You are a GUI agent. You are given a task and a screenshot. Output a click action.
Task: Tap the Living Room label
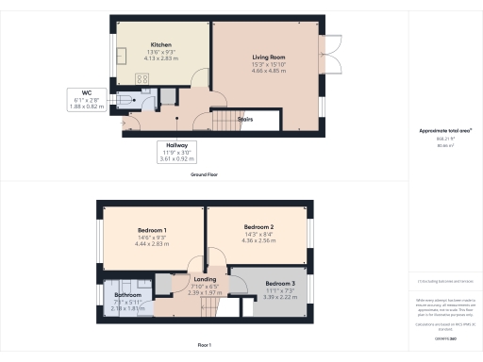tap(268, 58)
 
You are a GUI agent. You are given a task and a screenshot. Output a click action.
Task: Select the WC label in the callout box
tap(86, 92)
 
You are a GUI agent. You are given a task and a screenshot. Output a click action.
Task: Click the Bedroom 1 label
tap(152, 231)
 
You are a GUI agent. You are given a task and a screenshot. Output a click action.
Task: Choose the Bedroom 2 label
tap(258, 227)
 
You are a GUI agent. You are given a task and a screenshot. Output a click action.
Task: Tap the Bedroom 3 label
tap(279, 284)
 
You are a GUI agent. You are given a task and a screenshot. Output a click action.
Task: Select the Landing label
tap(205, 280)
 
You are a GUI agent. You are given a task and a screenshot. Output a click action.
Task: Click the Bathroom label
tap(115, 294)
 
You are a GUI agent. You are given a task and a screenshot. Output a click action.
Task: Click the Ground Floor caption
tap(206, 175)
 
